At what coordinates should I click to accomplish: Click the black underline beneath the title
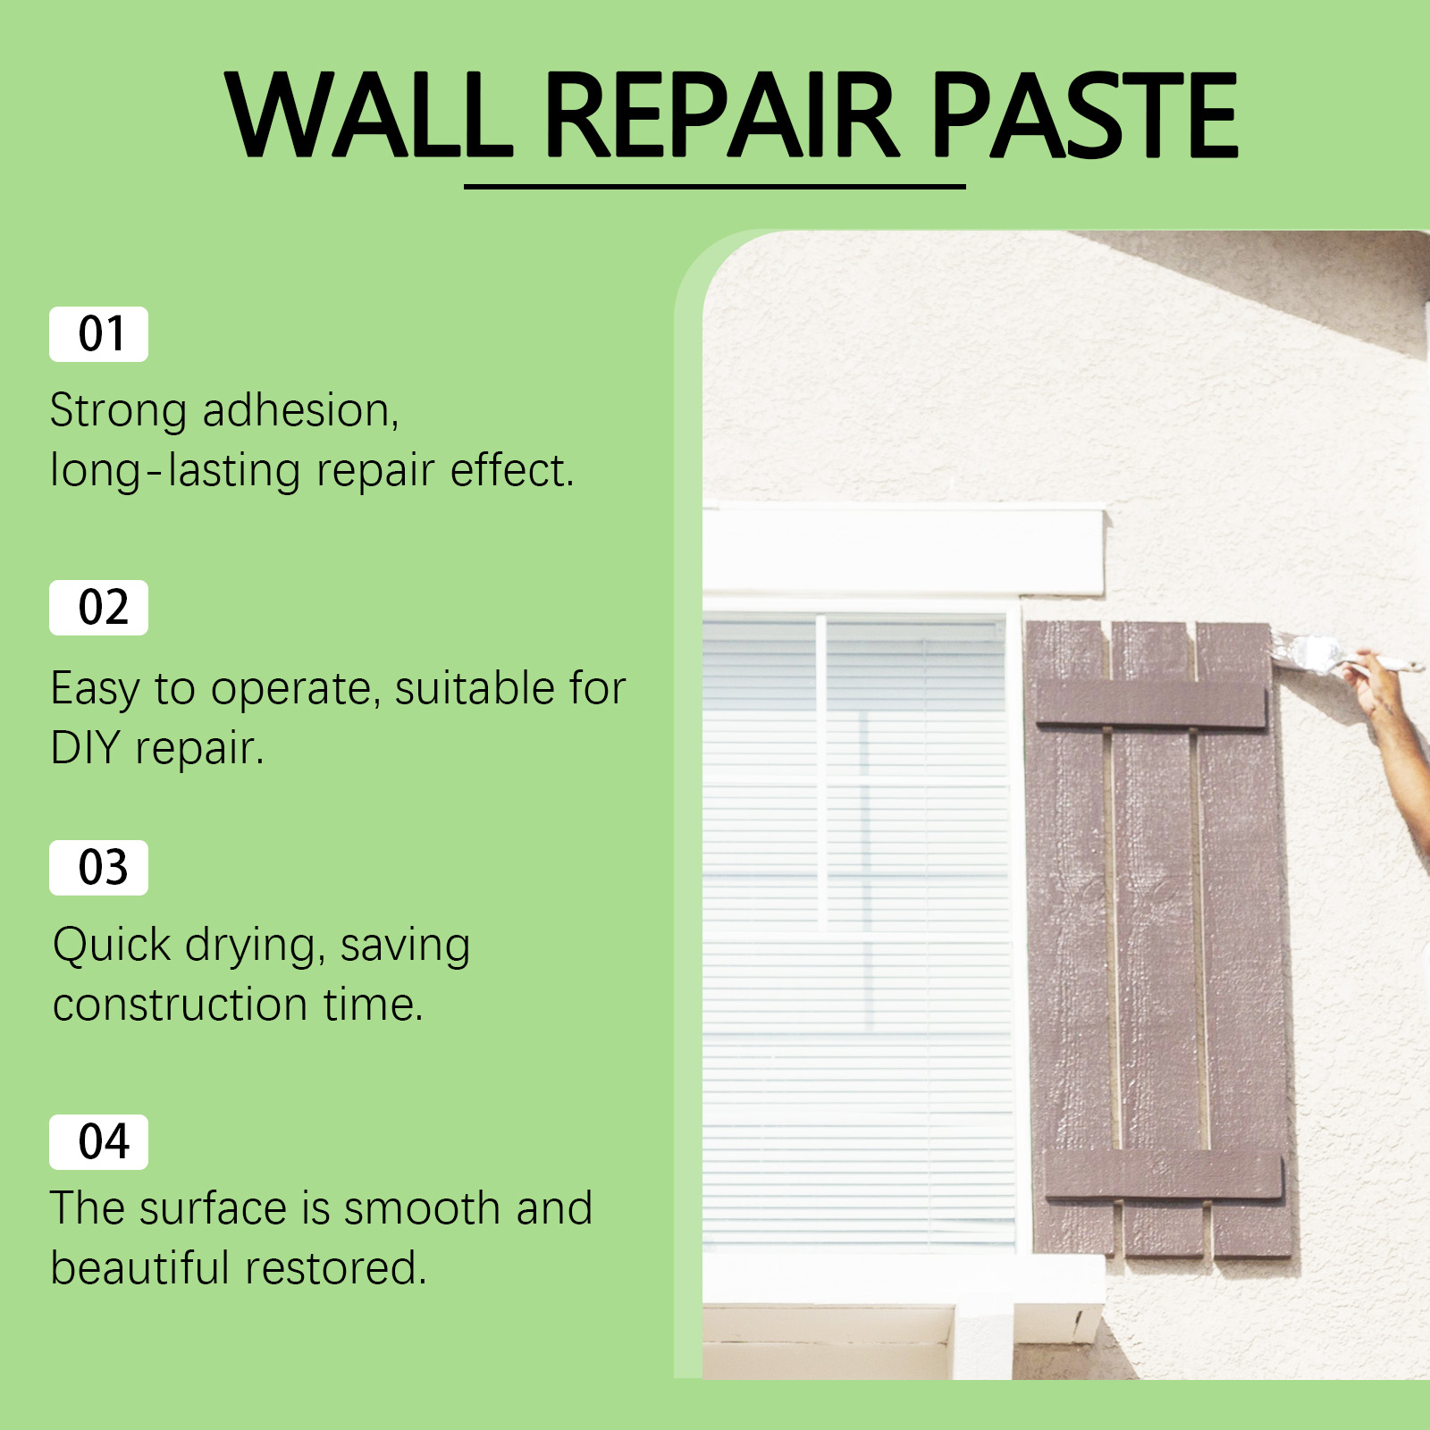tap(715, 186)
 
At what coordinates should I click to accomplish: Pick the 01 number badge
tap(98, 334)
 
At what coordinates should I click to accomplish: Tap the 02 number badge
tap(98, 608)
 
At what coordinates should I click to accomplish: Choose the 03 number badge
tap(98, 868)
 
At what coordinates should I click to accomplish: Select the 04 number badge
tap(98, 1142)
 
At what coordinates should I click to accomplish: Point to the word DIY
tap(85, 747)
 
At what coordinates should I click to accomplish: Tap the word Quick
tap(112, 946)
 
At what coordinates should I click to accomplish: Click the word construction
tap(181, 1005)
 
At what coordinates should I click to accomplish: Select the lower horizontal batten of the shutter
tap(1164, 1174)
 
